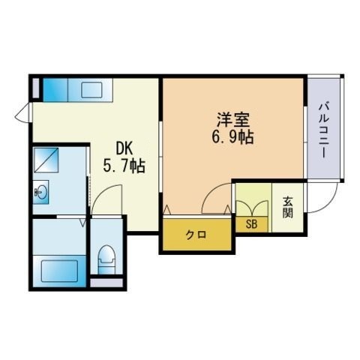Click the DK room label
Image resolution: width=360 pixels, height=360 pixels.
124,147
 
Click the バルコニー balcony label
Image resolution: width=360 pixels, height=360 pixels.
324,129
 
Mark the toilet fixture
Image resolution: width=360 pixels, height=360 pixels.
105,258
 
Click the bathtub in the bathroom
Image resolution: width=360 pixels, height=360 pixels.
60,269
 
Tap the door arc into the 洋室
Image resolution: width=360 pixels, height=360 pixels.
215,201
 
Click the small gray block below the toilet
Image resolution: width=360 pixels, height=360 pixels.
106,283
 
